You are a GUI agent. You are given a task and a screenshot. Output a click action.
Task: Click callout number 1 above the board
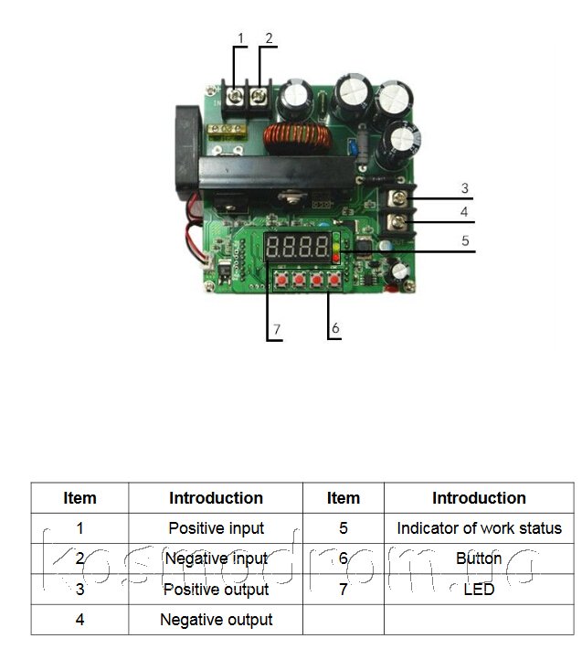pos(241,38)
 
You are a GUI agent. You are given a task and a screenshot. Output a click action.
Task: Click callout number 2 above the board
pos(269,38)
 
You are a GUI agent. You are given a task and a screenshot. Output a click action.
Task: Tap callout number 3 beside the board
pos(464,188)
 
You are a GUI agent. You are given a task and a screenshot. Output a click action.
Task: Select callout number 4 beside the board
pos(464,211)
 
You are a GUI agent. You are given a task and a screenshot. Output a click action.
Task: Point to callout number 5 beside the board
pos(464,241)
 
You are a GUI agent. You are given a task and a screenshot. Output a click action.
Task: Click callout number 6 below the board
pos(335,326)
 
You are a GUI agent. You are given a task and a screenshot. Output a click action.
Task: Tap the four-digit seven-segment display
pos(298,246)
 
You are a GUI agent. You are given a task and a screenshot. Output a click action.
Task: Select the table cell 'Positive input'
pos(216,527)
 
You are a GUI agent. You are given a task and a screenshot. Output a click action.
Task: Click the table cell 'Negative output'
pos(216,619)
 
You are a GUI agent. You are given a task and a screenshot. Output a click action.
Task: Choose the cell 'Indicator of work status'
pos(479,527)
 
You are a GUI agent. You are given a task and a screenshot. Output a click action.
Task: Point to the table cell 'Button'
pos(479,558)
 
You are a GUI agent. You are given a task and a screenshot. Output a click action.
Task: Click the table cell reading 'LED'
pos(479,589)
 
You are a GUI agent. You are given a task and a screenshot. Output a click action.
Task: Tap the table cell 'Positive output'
pos(216,589)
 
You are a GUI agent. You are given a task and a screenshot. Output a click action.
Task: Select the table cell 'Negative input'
pos(216,558)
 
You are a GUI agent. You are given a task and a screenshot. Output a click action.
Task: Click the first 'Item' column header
pos(79,498)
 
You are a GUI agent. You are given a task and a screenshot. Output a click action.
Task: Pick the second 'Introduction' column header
pos(479,498)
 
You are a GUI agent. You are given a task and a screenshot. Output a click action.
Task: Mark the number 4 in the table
pos(79,619)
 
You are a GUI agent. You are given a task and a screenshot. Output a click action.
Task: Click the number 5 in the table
pos(343,527)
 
